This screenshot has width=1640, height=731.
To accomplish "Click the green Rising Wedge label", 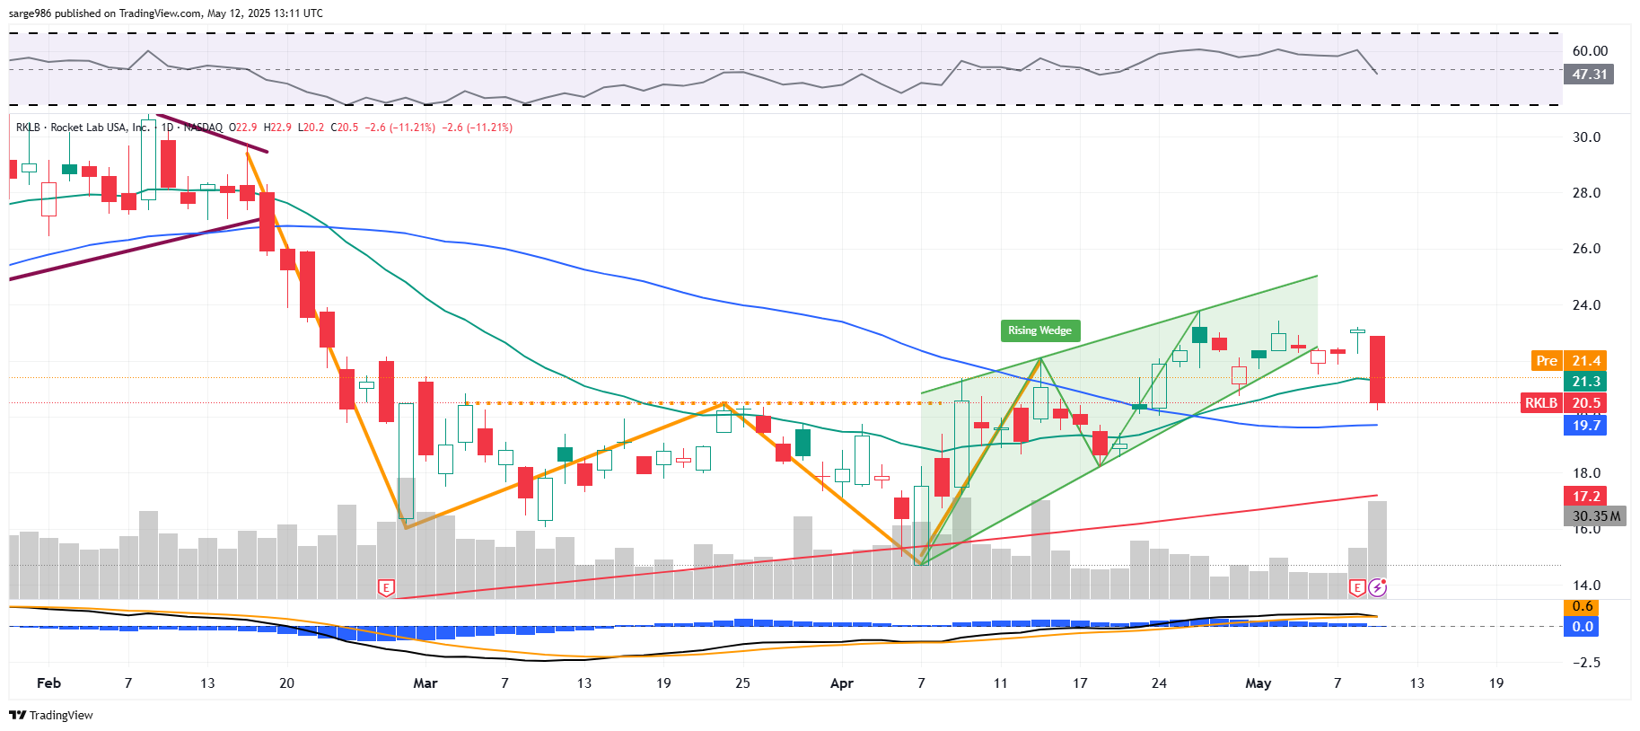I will [1039, 330].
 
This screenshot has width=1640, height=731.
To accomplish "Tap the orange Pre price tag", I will [1547, 361].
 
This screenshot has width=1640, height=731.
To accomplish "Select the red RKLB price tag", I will [1541, 403].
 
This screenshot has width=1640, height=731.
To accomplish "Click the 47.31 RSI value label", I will [1589, 75].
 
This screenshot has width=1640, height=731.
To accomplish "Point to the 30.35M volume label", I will [1596, 516].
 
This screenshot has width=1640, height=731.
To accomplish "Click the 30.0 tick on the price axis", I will [1586, 137].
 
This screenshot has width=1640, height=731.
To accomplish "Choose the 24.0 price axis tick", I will [1586, 305].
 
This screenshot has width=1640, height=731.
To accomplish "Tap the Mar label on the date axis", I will [425, 683].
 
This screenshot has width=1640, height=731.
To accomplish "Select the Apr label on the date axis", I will [842, 683].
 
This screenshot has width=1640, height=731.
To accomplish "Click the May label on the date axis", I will [1258, 683].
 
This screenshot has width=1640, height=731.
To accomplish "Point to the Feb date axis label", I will [48, 683].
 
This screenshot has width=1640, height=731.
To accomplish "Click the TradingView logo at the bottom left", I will [51, 715].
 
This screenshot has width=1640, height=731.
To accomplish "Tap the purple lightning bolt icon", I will [1377, 588].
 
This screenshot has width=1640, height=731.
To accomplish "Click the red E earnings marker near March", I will [386, 588].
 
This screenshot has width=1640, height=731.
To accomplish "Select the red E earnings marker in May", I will [1356, 588].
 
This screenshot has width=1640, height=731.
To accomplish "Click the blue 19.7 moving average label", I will [1586, 426].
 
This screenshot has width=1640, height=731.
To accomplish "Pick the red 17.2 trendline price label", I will [1586, 497].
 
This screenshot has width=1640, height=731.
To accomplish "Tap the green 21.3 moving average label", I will [1586, 382].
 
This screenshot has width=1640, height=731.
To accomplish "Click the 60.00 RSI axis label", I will [1590, 51].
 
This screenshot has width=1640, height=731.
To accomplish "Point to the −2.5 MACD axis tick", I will [1586, 663].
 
